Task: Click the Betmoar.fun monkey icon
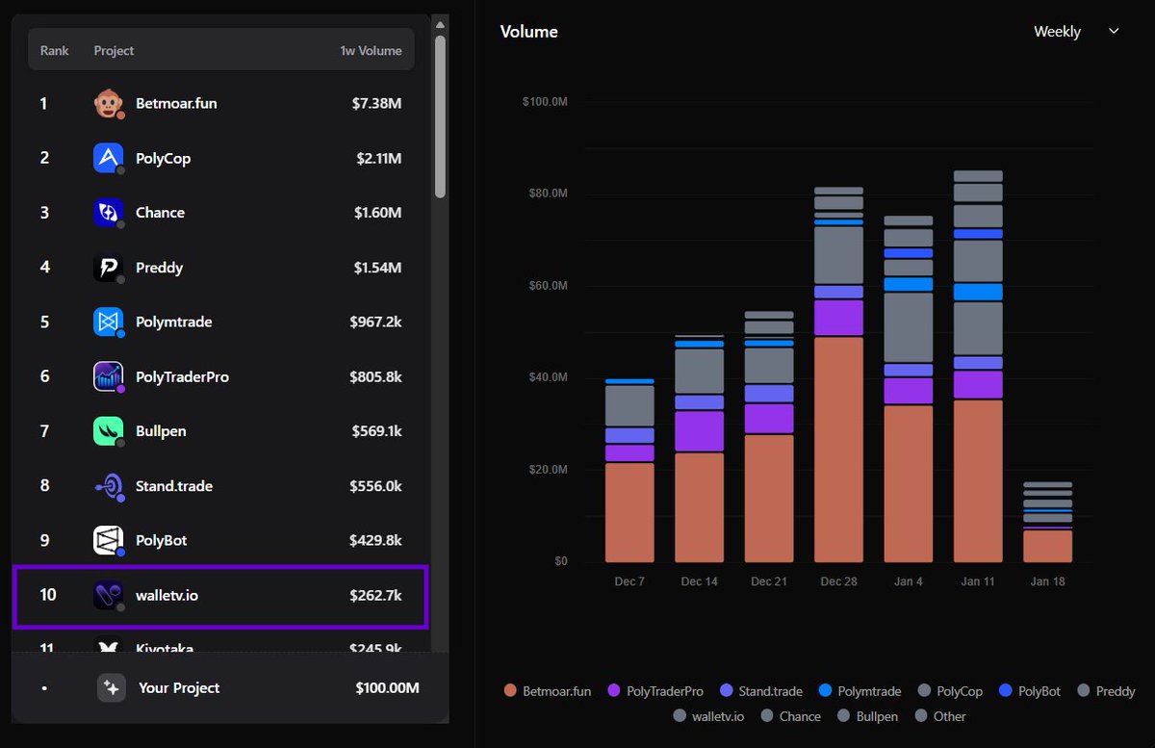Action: coord(108,103)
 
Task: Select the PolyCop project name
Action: coord(163,158)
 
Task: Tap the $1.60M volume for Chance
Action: coord(376,213)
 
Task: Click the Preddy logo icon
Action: coord(108,268)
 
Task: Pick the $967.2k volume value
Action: coord(375,322)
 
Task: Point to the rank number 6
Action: coord(44,376)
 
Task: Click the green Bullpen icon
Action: coord(108,431)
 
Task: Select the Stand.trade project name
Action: coord(174,486)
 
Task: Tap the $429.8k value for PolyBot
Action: coord(375,540)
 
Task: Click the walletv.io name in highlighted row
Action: coord(167,595)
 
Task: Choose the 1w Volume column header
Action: coord(371,50)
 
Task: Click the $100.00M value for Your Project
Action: coord(387,687)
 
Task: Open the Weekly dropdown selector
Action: coord(1076,32)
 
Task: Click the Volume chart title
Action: coord(528,32)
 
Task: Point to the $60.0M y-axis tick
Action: coord(545,286)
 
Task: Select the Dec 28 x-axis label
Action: coord(838,581)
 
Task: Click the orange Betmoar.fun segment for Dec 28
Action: coord(838,449)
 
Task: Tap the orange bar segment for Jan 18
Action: coord(1047,546)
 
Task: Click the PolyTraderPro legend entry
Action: coord(654,691)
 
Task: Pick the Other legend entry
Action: coord(939,716)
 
